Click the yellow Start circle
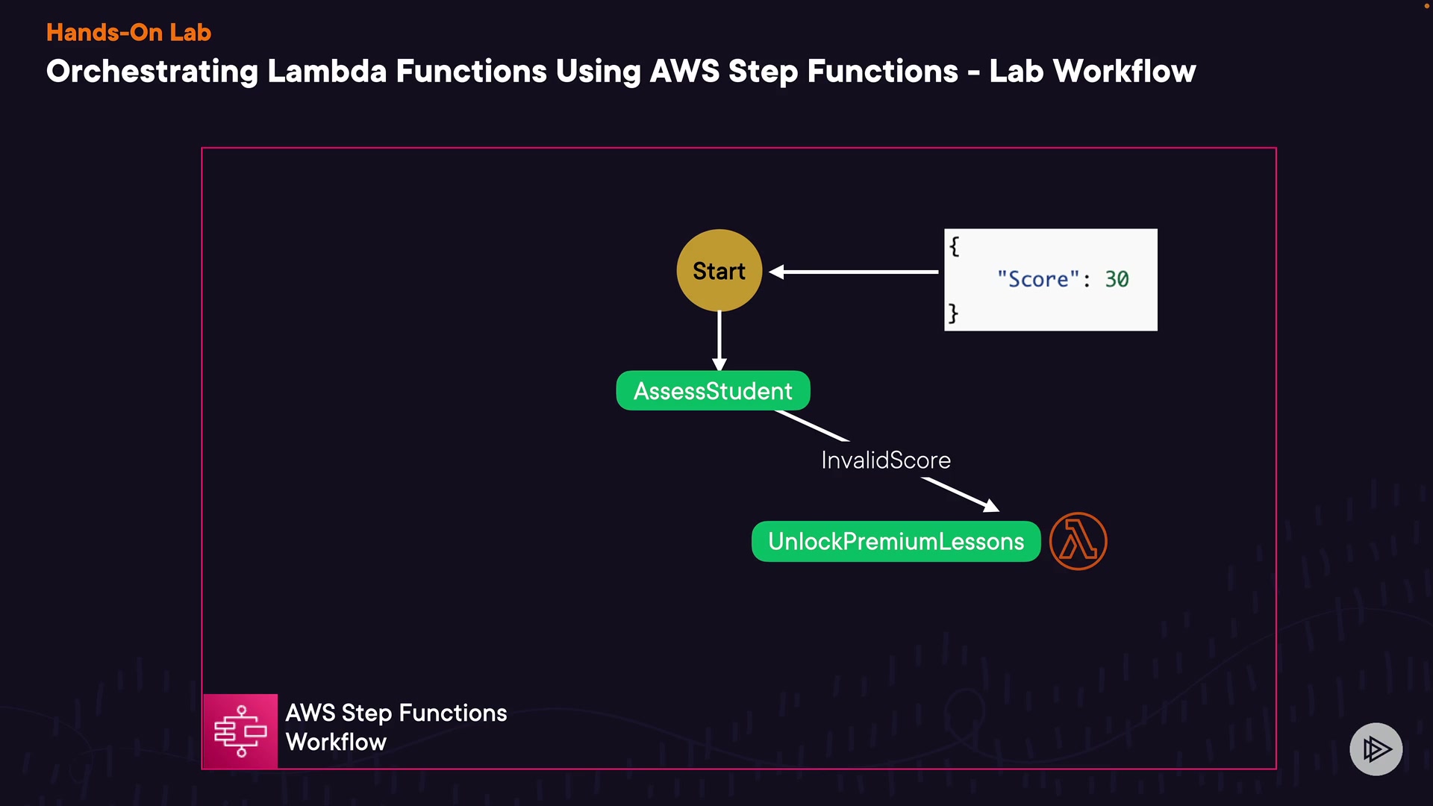pos(719,270)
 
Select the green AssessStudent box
pos(713,390)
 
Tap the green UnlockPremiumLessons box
pos(896,541)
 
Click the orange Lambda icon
pos(1078,541)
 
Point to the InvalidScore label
pos(886,460)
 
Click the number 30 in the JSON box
pos(1117,279)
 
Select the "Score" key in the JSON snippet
pos(1038,279)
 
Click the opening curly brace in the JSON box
pos(954,246)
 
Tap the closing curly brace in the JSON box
pos(953,313)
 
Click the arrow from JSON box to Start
pos(854,272)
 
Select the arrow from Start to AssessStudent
pos(719,341)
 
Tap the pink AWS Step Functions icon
pos(240,731)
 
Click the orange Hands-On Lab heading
pos(128,32)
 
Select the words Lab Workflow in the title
pos(1093,71)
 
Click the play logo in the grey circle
pos(1376,749)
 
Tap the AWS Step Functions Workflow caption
pos(396,727)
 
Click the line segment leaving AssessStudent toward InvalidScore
pos(812,425)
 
